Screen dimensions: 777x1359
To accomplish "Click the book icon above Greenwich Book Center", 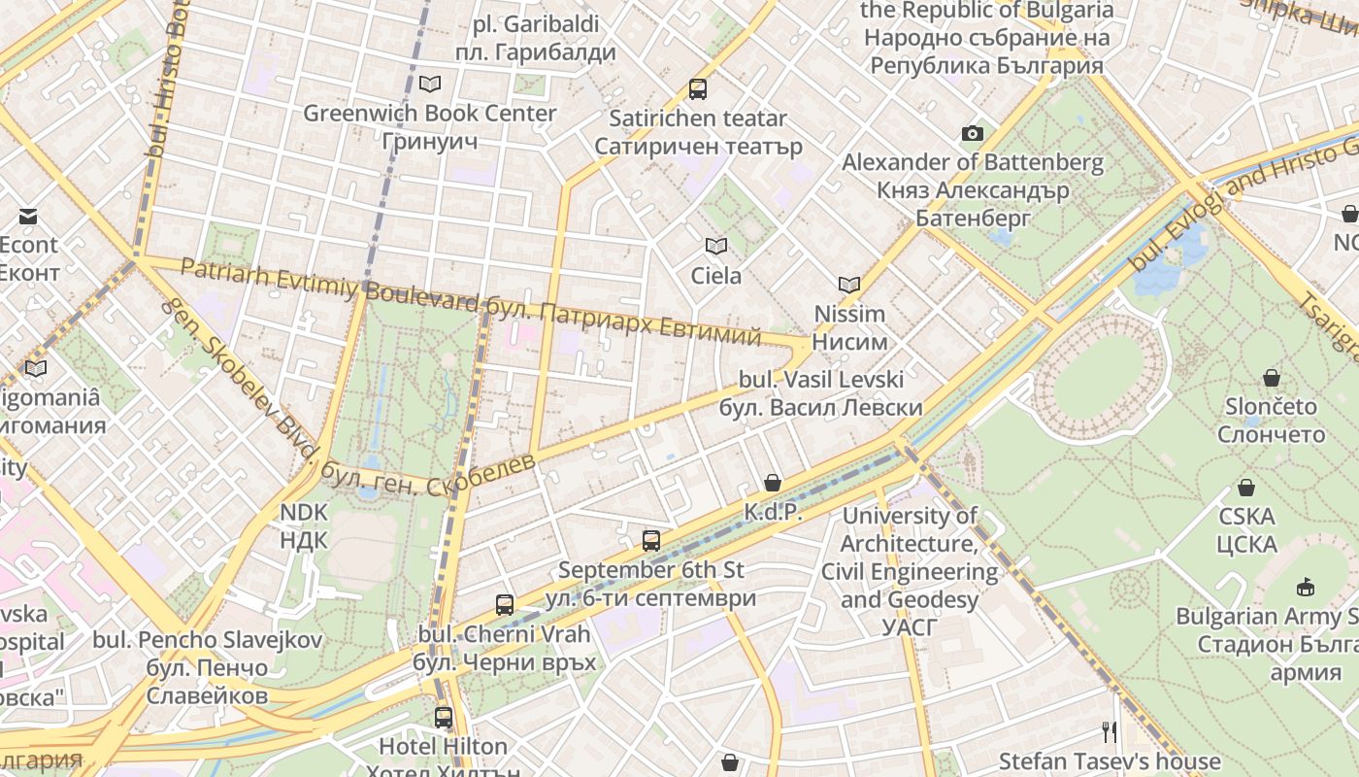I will (x=430, y=84).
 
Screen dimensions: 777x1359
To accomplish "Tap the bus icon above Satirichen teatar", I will (x=697, y=89).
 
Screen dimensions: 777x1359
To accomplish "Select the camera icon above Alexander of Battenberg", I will (x=972, y=133).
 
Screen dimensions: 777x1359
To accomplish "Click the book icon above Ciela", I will (x=716, y=247).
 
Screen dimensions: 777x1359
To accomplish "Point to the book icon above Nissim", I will (x=849, y=285).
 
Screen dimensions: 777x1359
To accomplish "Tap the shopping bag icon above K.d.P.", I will (x=773, y=483).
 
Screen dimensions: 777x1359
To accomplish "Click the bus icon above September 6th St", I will (x=651, y=541).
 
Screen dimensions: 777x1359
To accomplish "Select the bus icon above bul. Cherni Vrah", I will (x=504, y=605).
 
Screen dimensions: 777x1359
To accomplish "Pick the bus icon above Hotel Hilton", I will (x=443, y=718).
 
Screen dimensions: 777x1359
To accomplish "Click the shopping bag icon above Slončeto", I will (x=1271, y=377).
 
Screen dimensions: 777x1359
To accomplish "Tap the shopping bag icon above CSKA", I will (x=1246, y=488).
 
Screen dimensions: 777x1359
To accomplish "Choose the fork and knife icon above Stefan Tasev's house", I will (x=1110, y=731).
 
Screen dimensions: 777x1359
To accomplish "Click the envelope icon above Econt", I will (x=28, y=216).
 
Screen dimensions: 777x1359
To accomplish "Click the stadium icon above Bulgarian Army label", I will (x=1306, y=587).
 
